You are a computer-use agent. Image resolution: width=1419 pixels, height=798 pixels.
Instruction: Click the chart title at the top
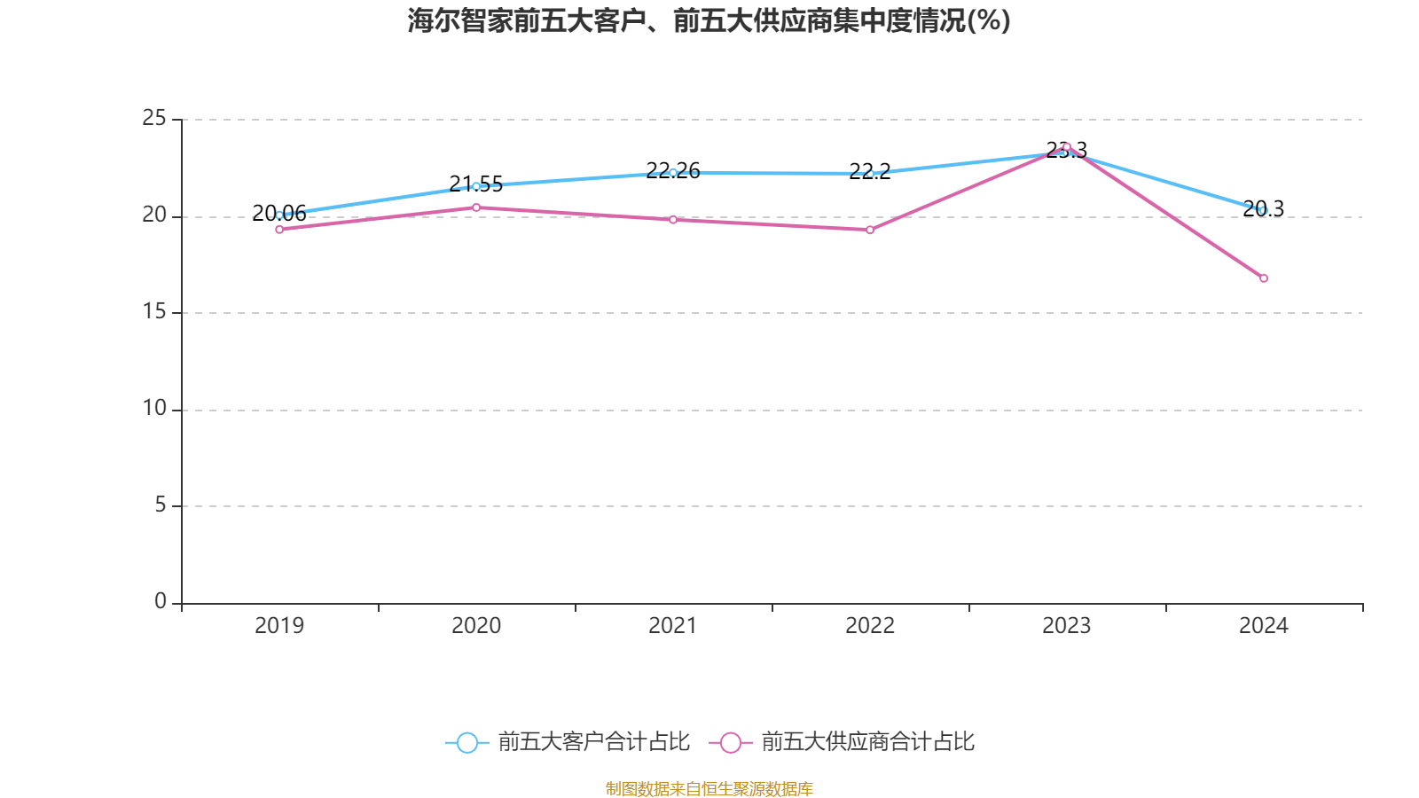(709, 20)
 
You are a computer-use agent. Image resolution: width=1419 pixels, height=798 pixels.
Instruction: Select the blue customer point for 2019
(279, 215)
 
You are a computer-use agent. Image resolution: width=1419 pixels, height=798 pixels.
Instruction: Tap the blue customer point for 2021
(673, 172)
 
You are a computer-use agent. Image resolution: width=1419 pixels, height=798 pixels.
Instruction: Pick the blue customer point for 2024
(1263, 210)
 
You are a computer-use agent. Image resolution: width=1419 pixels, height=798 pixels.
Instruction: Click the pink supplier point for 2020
(476, 207)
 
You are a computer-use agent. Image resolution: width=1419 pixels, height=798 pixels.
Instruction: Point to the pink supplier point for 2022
(870, 230)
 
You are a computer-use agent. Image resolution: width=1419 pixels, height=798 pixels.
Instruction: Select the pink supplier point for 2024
(1264, 278)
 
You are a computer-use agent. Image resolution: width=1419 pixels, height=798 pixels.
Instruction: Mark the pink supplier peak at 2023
(1067, 146)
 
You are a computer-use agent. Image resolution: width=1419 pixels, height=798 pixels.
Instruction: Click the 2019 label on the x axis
(279, 626)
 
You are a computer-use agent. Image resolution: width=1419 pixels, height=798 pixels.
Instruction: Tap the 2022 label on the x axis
(870, 626)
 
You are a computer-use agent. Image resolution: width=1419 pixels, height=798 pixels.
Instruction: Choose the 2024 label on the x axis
(1263, 626)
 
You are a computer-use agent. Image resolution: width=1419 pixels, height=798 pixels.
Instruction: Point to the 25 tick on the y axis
(154, 119)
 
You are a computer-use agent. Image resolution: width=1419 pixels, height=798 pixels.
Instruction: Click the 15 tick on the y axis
(154, 312)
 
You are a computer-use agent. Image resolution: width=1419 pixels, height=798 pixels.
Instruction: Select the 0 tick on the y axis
(161, 602)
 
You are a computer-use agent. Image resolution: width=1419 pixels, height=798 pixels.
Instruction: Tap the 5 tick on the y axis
(161, 505)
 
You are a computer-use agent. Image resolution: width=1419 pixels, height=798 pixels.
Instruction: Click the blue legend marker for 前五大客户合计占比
(466, 742)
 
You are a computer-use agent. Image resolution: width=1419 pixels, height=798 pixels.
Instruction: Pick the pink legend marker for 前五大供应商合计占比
(730, 742)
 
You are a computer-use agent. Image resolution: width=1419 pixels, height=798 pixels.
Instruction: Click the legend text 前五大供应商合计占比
(867, 742)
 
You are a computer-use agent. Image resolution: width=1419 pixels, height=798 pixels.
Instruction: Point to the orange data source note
(709, 788)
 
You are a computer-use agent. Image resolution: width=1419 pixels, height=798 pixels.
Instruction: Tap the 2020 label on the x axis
(476, 626)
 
